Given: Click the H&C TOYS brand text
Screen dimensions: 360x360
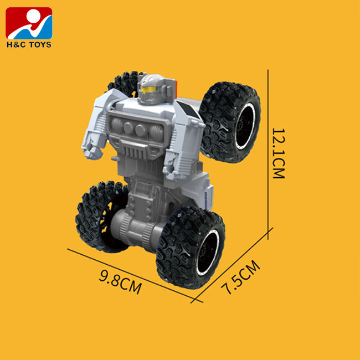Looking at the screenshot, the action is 29,44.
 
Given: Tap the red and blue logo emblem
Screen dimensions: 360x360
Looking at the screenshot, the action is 29,23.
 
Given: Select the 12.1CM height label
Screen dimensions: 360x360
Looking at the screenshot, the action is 279,153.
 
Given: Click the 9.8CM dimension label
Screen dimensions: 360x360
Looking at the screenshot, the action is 120,282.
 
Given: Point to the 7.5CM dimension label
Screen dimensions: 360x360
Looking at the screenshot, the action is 240,277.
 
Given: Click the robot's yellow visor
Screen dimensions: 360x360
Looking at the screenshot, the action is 148,90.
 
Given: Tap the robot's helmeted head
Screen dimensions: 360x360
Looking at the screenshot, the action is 152,89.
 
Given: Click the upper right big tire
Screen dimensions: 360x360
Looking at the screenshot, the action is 230,122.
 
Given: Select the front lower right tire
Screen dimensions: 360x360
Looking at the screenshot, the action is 191,248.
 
